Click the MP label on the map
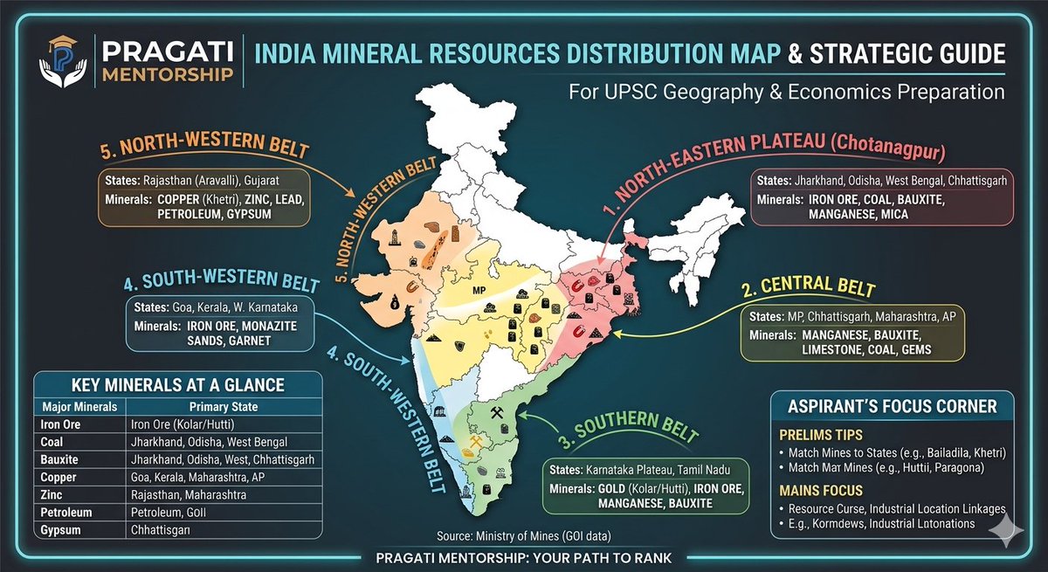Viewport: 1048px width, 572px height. (x=478, y=289)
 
